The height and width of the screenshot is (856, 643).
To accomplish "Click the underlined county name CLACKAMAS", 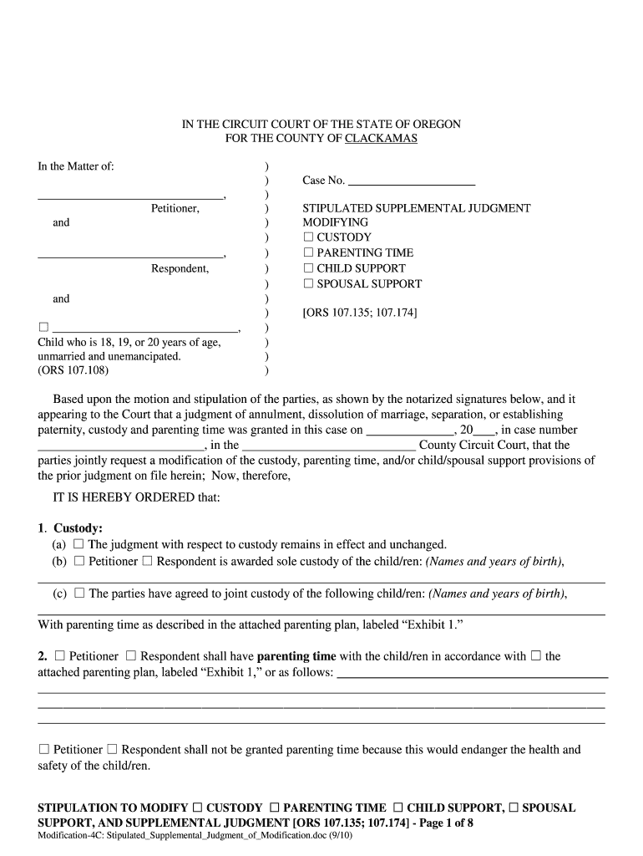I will (381, 139).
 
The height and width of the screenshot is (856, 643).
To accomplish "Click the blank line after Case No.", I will (411, 181).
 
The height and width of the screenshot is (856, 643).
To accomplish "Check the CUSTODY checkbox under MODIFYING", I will (308, 237).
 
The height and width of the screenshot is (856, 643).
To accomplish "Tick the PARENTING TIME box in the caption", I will (308, 252).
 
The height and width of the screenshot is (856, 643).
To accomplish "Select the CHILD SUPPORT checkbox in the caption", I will (308, 268).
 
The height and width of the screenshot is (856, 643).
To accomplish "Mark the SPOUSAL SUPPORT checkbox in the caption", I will (308, 283).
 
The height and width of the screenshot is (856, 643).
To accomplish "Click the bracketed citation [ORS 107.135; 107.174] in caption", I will (359, 313).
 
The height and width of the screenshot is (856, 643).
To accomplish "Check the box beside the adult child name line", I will (43, 328).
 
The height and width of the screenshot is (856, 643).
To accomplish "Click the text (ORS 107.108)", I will (73, 370).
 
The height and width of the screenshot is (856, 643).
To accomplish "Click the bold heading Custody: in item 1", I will (78, 528).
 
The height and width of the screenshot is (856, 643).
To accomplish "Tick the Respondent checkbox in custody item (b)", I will (147, 562).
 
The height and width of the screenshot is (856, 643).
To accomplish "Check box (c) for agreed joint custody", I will (79, 594).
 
